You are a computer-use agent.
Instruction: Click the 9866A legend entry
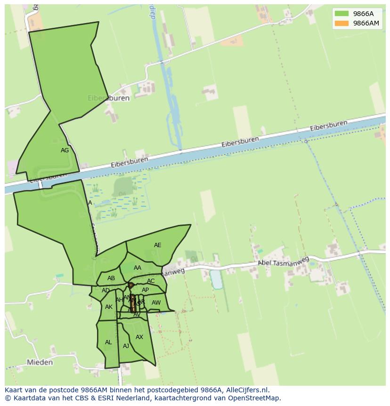tap(363, 14)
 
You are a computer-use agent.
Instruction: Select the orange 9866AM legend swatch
tap(341, 24)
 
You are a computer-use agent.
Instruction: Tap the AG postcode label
tap(65, 150)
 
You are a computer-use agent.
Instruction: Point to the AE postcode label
tap(158, 245)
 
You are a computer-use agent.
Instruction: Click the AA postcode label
tap(138, 268)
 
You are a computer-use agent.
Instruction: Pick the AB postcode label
tap(111, 278)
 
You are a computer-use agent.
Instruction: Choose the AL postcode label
tap(108, 342)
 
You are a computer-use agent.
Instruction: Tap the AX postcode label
tap(139, 337)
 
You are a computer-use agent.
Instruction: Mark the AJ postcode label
tap(126, 346)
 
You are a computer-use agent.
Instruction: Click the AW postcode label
tap(156, 303)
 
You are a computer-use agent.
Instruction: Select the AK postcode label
tap(109, 307)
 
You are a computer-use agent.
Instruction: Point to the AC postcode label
tap(151, 281)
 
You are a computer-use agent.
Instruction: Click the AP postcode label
tap(145, 290)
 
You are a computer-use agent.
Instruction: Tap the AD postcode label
tap(106, 290)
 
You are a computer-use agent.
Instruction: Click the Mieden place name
tap(40, 362)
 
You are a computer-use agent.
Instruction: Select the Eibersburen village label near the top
tap(108, 99)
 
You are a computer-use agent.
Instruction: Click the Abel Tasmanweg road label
tap(283, 262)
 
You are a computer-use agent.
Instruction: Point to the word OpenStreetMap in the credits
tap(255, 398)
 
